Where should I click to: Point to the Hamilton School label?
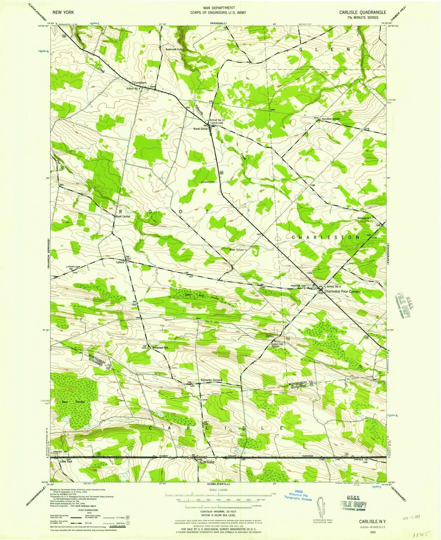(330, 119)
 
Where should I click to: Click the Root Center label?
(123, 216)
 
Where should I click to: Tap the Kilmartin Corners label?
(211, 380)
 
